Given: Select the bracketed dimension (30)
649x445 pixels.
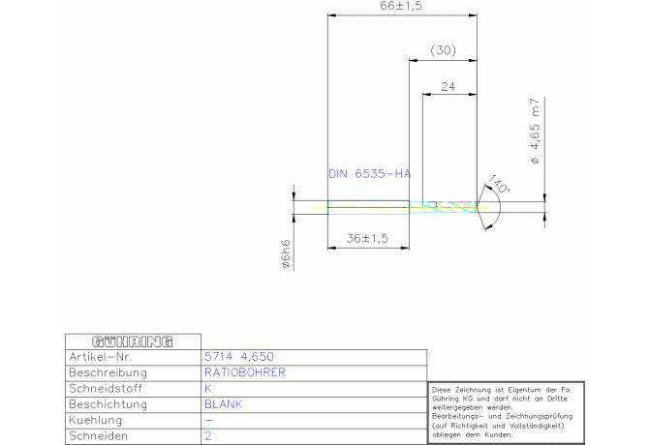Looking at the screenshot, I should click(442, 49).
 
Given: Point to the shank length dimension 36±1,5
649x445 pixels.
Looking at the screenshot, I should click(367, 238).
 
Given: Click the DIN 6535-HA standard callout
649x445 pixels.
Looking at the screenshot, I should click(369, 174).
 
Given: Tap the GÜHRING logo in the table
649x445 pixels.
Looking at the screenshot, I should click(132, 341).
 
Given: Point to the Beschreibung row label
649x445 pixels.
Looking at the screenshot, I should click(108, 372).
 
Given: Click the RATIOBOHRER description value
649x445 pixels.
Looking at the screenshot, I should click(245, 372).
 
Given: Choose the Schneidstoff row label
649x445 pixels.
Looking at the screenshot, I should click(107, 388).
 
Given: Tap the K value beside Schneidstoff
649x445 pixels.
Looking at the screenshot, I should click(208, 388).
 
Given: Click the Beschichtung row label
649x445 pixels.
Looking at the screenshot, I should click(109, 404).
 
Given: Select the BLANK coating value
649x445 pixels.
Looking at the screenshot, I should click(223, 404).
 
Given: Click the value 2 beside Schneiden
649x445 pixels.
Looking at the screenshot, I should click(208, 436).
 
